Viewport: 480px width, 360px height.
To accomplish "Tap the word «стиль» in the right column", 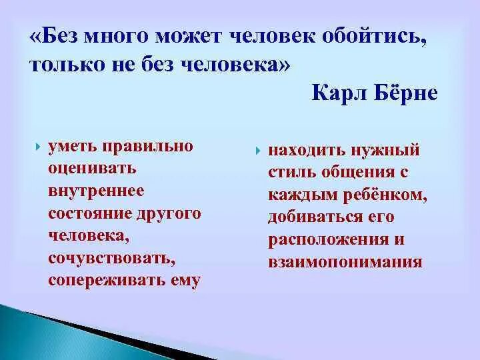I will point(291,172).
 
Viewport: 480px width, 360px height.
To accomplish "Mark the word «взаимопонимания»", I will point(345,262).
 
